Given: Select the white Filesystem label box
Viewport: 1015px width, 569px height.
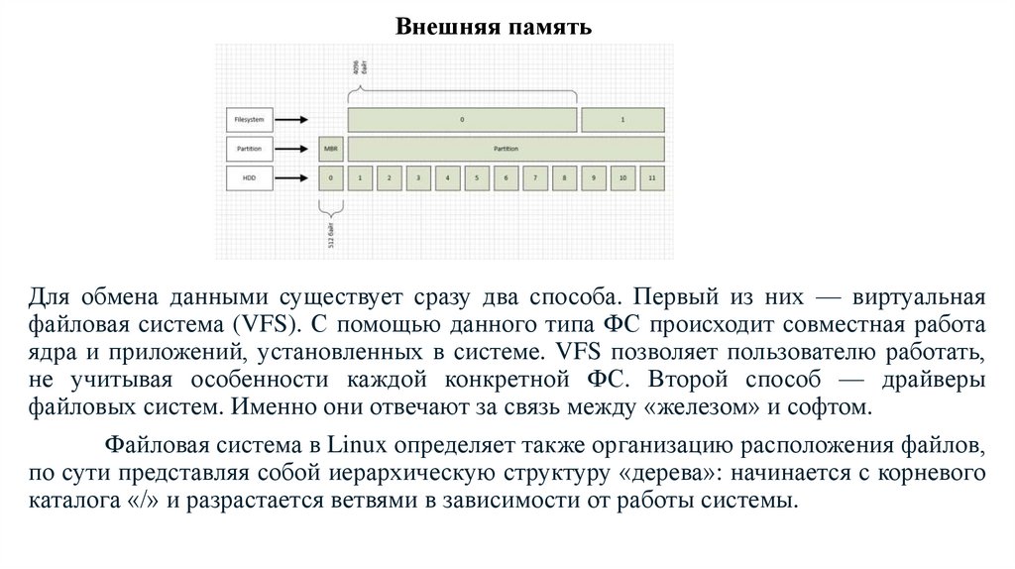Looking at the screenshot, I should pos(248,120).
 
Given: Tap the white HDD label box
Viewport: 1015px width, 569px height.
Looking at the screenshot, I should pos(248,178).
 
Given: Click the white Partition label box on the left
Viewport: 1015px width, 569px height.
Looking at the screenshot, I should pos(248,149).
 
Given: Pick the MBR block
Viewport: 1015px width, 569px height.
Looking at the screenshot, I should pos(330,149).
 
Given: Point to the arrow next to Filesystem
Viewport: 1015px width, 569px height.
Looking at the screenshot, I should pos(291,120).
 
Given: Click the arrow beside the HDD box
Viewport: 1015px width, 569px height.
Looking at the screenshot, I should pos(291,178).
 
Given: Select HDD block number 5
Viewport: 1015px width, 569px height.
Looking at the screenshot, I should pos(477,178).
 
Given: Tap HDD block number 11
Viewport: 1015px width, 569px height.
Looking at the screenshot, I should pos(651,178).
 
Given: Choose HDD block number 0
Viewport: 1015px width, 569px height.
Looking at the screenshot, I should pos(330,178).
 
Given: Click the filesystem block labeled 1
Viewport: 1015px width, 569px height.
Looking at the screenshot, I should pos(622,120).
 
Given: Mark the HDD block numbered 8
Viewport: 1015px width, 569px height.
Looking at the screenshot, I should pos(564,178).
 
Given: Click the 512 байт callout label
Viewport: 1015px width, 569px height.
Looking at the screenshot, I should pos(331,239).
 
